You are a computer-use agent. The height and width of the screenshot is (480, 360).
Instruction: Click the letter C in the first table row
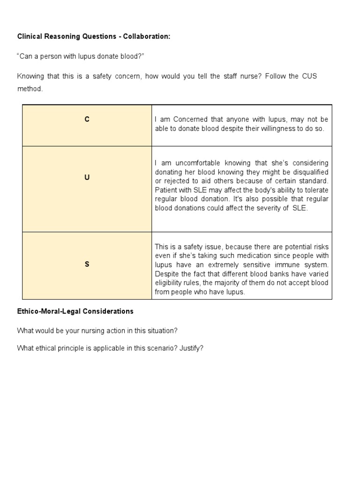tap(87, 120)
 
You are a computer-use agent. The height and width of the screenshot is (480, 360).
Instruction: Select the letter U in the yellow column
tap(87, 178)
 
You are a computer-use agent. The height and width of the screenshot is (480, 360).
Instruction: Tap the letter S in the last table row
tap(87, 264)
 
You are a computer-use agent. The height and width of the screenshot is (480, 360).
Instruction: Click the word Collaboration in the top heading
tap(146, 36)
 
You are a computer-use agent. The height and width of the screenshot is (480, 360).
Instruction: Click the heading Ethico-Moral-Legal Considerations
tap(75, 311)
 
